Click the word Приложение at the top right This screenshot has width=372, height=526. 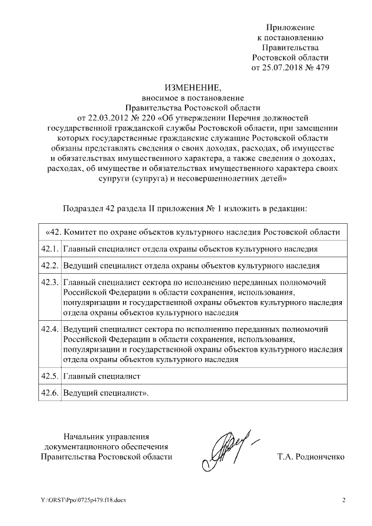(290, 28)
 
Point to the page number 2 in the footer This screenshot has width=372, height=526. (344, 500)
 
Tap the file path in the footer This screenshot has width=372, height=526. (83, 500)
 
